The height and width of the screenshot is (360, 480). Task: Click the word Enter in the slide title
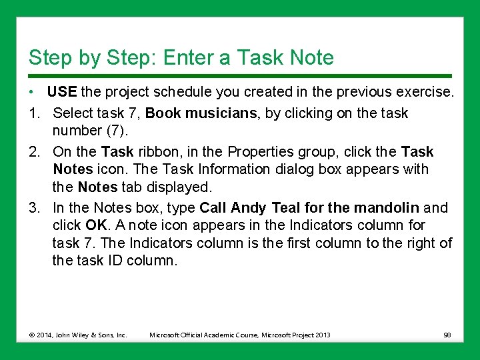pos(193,58)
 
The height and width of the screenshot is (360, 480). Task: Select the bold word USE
pos(62,92)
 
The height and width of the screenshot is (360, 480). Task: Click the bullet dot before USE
pos(32,92)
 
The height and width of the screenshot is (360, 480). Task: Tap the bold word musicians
pos(223,113)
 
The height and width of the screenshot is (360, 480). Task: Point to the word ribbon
pos(157,152)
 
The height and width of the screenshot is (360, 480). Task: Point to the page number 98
pos(447,335)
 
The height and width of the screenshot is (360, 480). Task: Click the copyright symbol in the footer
pos(32,335)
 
